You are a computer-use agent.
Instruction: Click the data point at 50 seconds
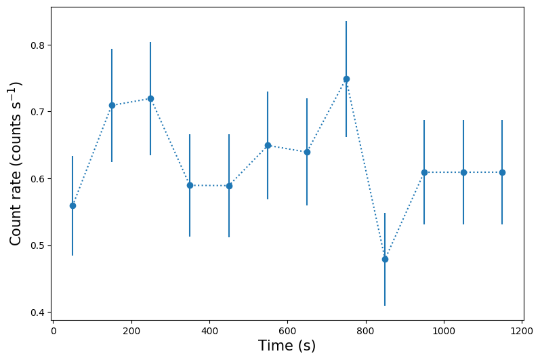click(x=72, y=205)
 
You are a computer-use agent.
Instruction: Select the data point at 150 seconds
click(x=112, y=105)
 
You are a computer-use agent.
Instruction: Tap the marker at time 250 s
click(x=150, y=98)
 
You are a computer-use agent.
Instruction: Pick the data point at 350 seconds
click(x=190, y=185)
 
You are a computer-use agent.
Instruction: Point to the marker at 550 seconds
click(x=268, y=145)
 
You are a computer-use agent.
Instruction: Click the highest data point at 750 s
click(x=346, y=79)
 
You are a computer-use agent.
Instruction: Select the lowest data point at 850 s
click(x=385, y=259)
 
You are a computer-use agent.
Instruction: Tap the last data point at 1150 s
click(x=502, y=172)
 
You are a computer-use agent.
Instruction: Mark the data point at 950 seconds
click(x=424, y=172)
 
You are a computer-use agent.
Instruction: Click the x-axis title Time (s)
click(x=287, y=346)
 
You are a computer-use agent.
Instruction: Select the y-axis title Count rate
click(x=16, y=163)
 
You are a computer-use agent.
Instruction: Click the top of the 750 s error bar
click(x=346, y=22)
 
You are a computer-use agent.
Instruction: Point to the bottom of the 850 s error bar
click(x=385, y=305)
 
